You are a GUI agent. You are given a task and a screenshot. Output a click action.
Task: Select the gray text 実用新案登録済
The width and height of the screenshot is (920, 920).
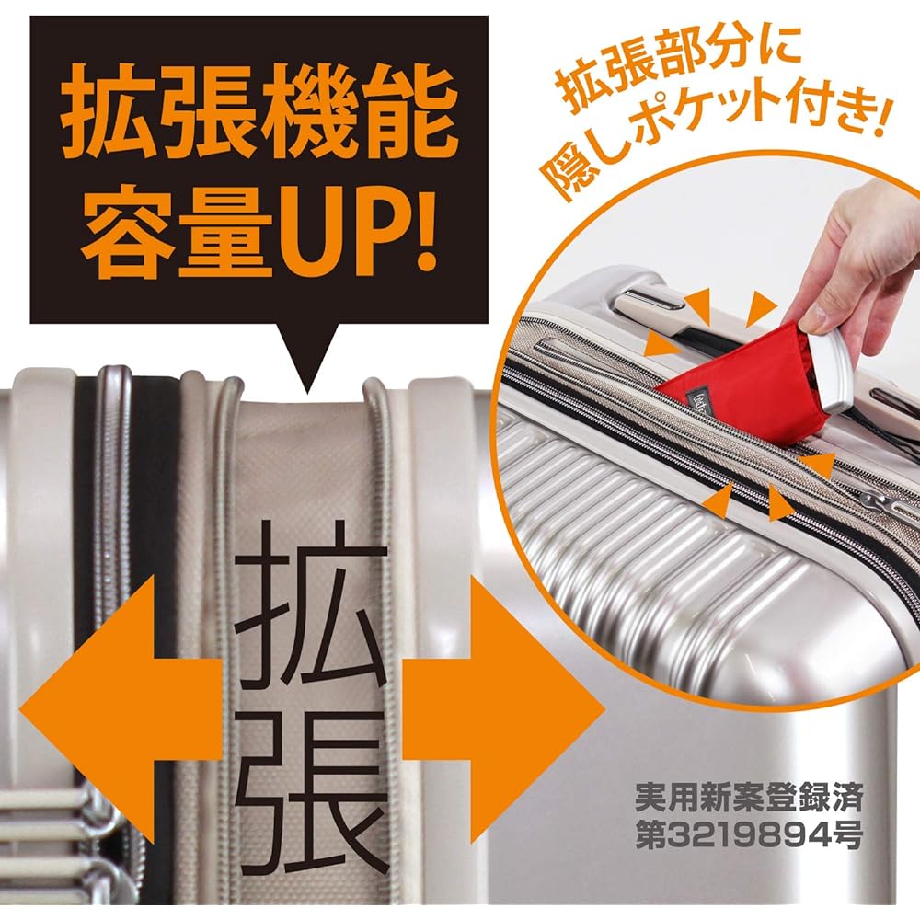pyautogui.click(x=749, y=797)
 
